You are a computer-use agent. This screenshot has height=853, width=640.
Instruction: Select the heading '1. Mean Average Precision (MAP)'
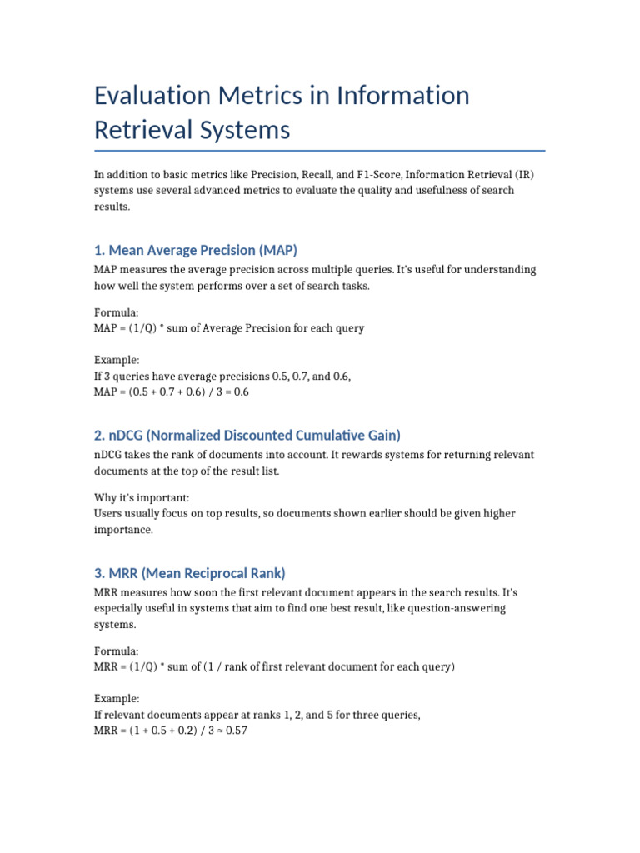coord(196,250)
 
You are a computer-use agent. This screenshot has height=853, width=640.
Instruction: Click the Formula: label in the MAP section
coord(117,312)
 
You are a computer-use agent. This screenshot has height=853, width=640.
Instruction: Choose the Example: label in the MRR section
coord(117,698)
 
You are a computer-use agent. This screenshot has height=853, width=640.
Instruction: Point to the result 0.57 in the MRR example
coord(236,731)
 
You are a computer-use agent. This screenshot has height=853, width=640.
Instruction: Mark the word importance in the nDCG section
coord(122,529)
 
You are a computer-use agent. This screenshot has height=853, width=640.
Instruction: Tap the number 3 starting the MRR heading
coord(98,572)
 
